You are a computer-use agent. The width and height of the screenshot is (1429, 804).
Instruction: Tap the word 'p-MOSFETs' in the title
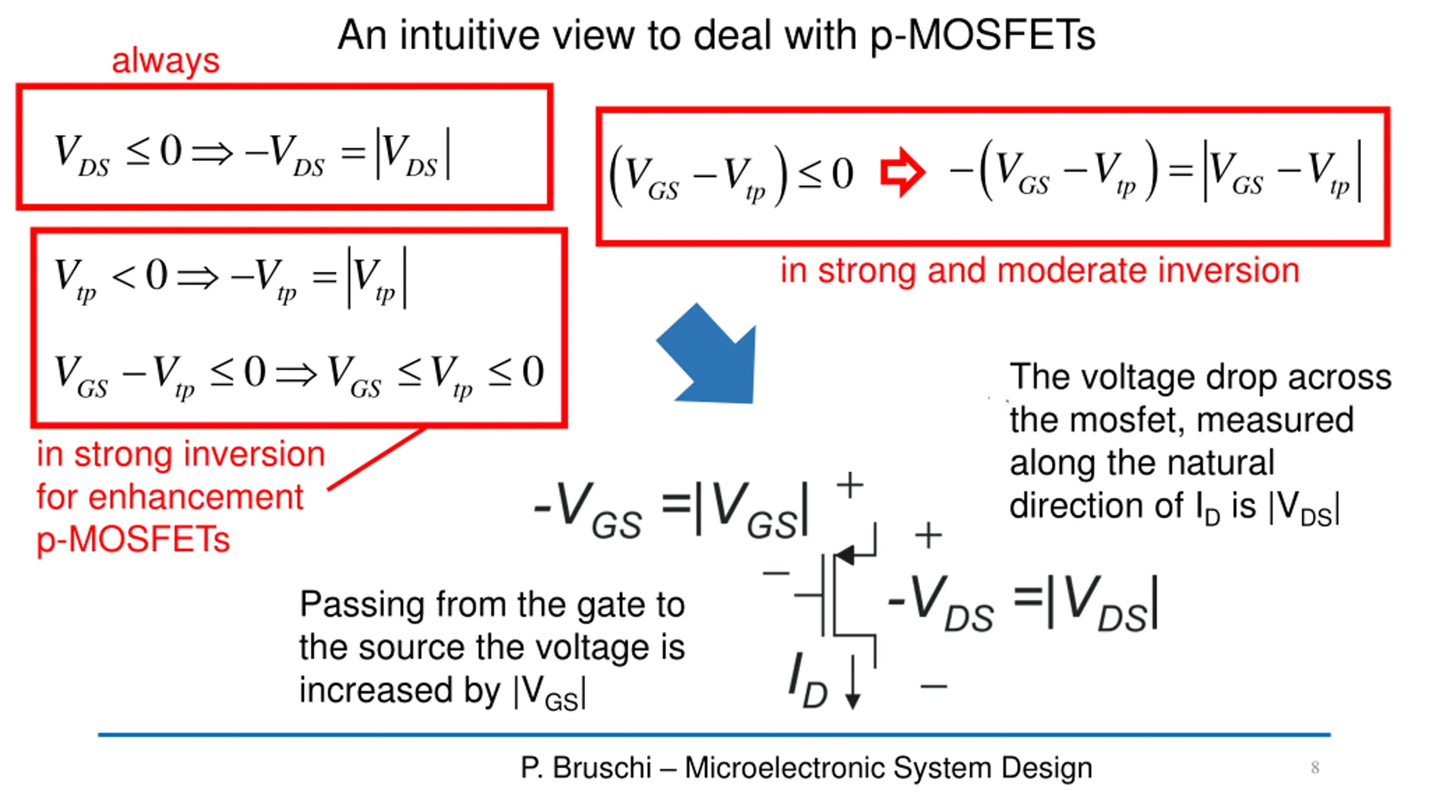tap(982, 36)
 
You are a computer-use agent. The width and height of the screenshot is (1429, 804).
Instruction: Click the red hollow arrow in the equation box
tap(901, 172)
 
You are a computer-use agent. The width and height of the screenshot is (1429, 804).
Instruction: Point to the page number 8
tap(1315, 768)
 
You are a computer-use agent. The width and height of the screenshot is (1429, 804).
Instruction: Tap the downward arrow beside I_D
tap(852, 684)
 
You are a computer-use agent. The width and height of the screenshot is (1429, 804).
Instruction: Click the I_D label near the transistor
tap(807, 681)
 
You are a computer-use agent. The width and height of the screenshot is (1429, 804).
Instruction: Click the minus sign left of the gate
tap(776, 573)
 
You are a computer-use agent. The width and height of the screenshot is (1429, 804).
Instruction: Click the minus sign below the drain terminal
tap(934, 686)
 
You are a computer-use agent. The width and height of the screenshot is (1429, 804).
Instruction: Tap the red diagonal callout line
tap(377, 460)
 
